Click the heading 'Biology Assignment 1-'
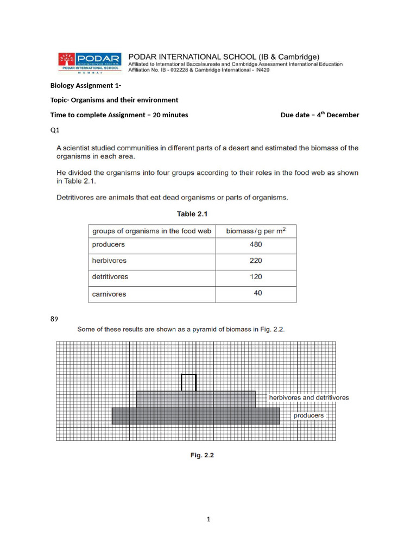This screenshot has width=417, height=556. [86, 85]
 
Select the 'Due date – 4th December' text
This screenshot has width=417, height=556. [319, 115]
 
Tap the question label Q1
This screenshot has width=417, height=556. [55, 130]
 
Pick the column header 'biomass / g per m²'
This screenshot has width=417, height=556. [256, 231]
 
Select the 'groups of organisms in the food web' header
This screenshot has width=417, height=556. [151, 231]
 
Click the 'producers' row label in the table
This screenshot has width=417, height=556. [108, 245]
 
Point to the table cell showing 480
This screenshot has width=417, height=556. [256, 245]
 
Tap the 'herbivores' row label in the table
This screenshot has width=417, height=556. [109, 261]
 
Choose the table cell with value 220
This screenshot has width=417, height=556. [256, 261]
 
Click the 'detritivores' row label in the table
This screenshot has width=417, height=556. [110, 277]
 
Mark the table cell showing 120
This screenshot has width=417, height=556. [256, 277]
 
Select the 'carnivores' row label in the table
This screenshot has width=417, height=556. [109, 294]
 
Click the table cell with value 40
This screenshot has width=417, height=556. [257, 293]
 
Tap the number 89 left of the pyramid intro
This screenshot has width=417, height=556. [54, 319]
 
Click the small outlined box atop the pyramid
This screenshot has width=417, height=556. [188, 382]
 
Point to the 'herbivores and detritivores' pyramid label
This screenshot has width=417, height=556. [309, 397]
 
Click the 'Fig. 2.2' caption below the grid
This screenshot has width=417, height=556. [201, 456]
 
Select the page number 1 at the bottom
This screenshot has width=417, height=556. [208, 519]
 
